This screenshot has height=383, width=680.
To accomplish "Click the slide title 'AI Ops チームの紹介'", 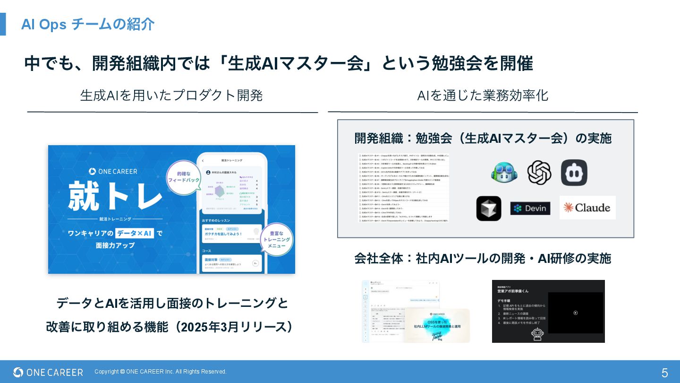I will point(88,24).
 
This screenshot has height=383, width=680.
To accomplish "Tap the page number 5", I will point(664,373).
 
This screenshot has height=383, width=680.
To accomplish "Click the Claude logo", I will point(587,208).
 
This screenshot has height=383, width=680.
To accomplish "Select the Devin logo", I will point(530,208).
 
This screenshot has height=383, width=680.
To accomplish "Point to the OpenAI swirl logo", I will point(539,173).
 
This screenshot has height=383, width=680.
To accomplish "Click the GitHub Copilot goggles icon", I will point(504,173).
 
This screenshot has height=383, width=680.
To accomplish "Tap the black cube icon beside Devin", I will point(489,208).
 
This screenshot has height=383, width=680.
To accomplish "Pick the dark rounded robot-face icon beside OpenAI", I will point(574,173).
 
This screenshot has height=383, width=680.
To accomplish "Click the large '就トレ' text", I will point(116,195).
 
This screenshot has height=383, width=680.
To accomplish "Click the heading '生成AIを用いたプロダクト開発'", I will point(171,96).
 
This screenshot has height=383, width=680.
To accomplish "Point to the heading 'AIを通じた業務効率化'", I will point(483,96).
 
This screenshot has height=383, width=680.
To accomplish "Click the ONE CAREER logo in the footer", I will point(48,373).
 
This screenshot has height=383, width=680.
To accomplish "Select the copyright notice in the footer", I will point(161,372).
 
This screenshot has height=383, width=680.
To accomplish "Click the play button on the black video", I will point(575,313).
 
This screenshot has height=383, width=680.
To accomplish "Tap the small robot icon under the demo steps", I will point(537,334).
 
